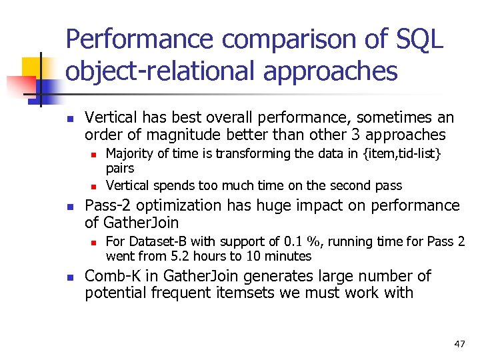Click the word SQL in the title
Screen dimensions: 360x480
tap(419, 39)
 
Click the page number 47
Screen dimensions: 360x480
tap(459, 344)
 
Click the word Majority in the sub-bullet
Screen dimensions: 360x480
tap(131, 155)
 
